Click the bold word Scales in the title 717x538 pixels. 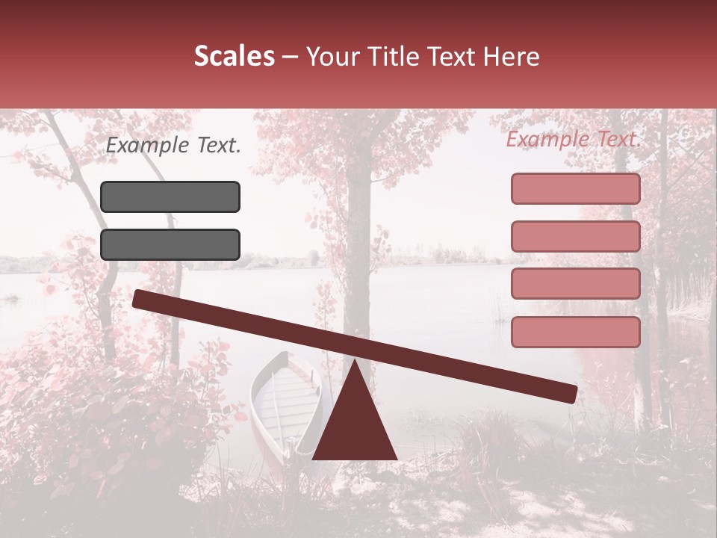pos(234,57)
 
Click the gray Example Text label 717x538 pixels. pos(173,146)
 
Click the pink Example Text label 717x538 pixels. pos(574,139)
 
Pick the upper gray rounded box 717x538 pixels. pos(170,197)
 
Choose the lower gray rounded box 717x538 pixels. pos(170,244)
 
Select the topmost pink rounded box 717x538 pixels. pos(575,188)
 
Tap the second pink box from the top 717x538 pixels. pos(575,236)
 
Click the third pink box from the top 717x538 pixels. pos(575,283)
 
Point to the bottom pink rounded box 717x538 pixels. pos(575,332)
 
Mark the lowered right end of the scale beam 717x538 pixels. pos(569,393)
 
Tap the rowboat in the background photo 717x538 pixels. pos(284,396)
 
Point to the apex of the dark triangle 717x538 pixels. pos(355,362)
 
